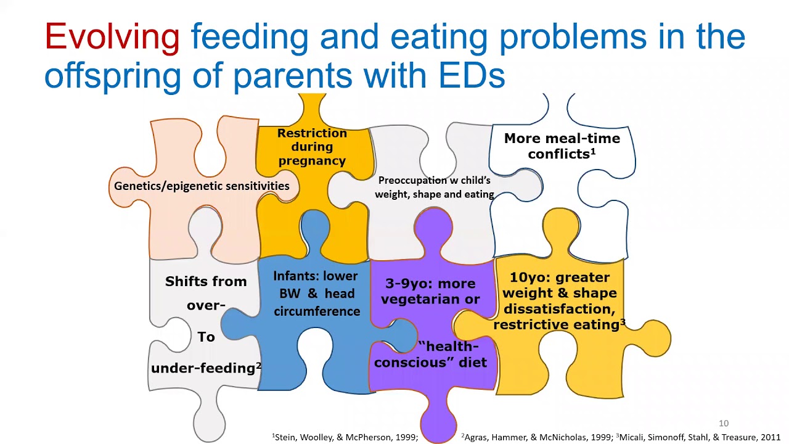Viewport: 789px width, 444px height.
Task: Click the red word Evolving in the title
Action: [x=112, y=36]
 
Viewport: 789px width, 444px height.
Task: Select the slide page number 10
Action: [x=723, y=423]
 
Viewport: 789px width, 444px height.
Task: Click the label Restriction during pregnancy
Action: [x=312, y=147]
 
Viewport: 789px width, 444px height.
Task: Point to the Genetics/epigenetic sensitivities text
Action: [x=202, y=186]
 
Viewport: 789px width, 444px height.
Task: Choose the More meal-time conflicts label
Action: [x=562, y=146]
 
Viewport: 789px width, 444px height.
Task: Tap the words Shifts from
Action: [x=205, y=282]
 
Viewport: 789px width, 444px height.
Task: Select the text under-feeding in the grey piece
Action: [x=203, y=368]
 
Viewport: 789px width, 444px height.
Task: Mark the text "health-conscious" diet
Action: [x=430, y=355]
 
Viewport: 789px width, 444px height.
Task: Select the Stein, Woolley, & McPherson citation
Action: [x=346, y=437]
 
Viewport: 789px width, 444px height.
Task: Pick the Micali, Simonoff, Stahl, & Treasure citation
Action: [x=700, y=437]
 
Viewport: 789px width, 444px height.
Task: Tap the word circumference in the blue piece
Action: [x=317, y=311]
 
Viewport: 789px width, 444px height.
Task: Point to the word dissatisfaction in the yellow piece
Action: [x=558, y=309]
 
